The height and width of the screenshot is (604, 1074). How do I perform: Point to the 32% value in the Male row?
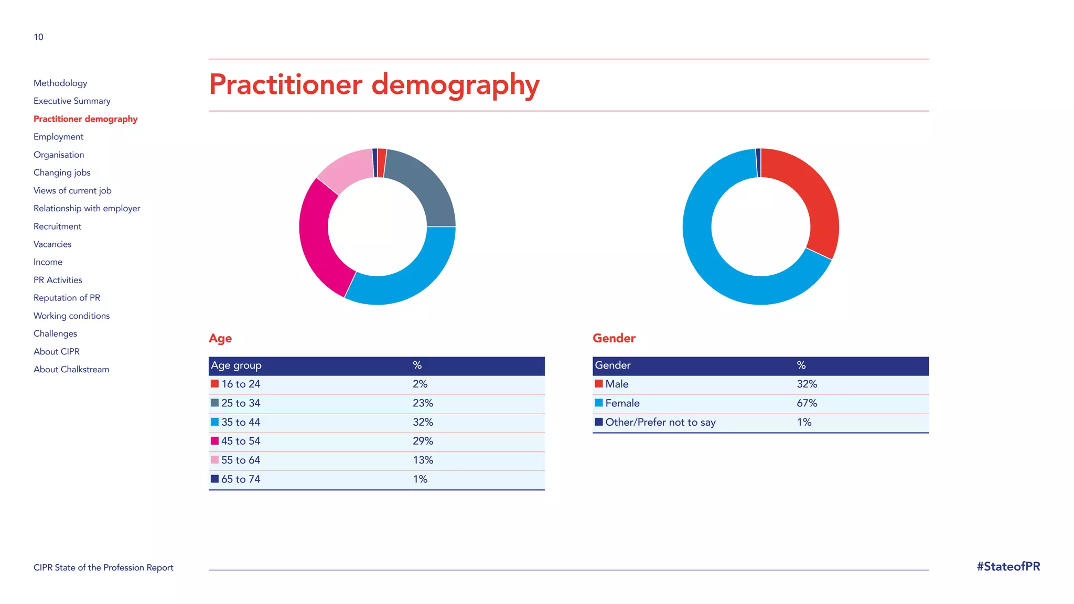coord(807,384)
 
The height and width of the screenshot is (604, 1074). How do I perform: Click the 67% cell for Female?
coord(807,403)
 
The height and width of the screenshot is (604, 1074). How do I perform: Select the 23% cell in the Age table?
coord(423,403)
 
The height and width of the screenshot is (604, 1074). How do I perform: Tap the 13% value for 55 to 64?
coord(423,460)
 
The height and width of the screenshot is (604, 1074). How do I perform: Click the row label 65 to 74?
coord(240,479)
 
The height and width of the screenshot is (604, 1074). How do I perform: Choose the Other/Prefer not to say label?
coord(660,422)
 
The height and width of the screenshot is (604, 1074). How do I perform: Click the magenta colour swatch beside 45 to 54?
coord(214,441)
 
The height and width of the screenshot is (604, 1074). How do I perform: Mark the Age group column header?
coord(236,365)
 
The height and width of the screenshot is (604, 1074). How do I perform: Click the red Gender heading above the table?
coord(614,338)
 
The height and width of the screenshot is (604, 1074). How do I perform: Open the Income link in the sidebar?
coord(48,262)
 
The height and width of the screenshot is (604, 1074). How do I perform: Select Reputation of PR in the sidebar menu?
coord(67,298)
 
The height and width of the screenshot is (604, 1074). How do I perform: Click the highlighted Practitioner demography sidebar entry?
coord(85,119)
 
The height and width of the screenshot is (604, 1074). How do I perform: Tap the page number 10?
coord(38,37)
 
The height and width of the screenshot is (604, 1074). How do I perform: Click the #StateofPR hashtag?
coord(1008,567)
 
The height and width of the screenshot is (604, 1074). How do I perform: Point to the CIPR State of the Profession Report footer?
coord(103,568)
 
